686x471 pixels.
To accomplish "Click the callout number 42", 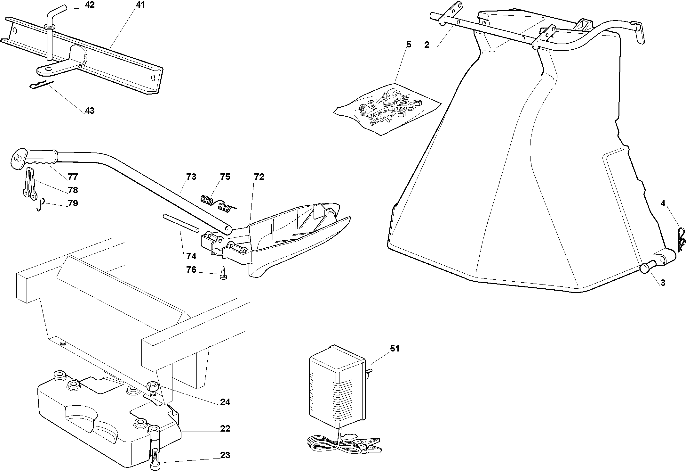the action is point(90,5).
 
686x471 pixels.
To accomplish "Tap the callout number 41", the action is point(140,5).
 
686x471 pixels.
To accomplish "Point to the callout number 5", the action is point(409,44).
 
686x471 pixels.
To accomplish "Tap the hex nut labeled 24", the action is point(152,386).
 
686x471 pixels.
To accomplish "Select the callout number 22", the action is point(225,428).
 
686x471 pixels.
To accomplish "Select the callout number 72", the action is point(259,177).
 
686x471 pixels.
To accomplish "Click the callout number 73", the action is point(191,177).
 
